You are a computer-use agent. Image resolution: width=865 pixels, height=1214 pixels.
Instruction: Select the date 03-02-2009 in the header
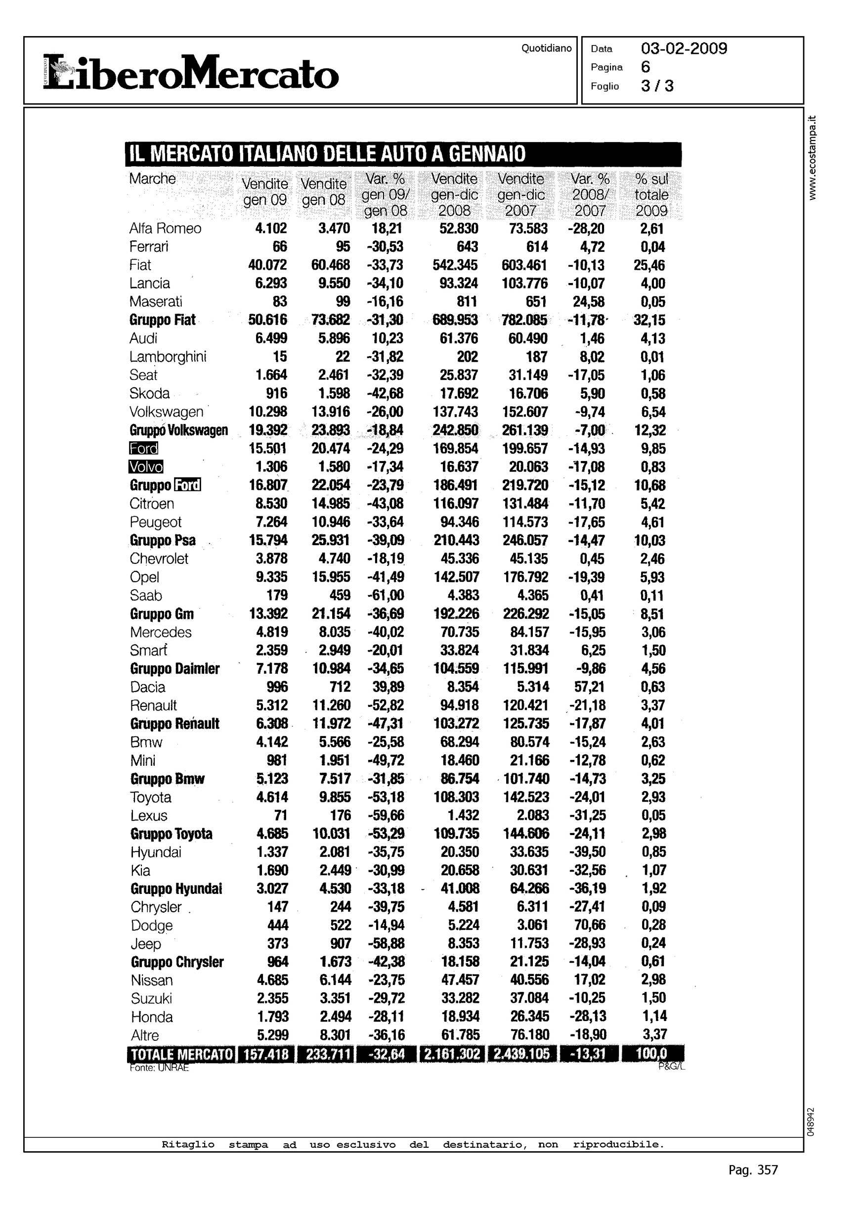point(684,49)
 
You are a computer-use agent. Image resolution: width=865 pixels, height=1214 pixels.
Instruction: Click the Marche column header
point(152,179)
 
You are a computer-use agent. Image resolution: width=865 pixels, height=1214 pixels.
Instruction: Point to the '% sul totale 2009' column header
point(651,194)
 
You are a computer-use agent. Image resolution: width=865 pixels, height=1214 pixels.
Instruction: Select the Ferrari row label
point(149,247)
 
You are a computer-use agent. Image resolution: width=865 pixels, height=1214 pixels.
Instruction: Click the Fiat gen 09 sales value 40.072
point(267,265)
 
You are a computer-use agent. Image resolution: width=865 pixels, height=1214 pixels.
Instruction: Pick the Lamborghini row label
point(168,357)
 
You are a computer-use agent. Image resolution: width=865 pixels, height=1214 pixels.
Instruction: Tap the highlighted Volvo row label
point(146,467)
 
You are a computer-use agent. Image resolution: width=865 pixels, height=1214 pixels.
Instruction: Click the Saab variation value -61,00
point(386,595)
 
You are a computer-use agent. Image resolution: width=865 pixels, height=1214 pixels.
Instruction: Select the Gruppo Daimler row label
point(174,669)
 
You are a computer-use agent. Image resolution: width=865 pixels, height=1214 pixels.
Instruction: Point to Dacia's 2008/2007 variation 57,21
point(590,687)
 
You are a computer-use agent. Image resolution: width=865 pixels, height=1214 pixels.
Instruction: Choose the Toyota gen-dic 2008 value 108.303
point(456,797)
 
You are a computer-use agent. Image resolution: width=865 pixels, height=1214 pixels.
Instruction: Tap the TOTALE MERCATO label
point(181,1055)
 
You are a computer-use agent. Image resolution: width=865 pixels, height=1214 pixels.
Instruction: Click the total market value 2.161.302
point(452,1055)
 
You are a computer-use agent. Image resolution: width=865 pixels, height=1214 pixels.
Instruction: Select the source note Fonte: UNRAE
point(159,1068)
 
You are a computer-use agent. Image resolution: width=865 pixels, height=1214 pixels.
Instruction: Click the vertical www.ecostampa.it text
point(812,157)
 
